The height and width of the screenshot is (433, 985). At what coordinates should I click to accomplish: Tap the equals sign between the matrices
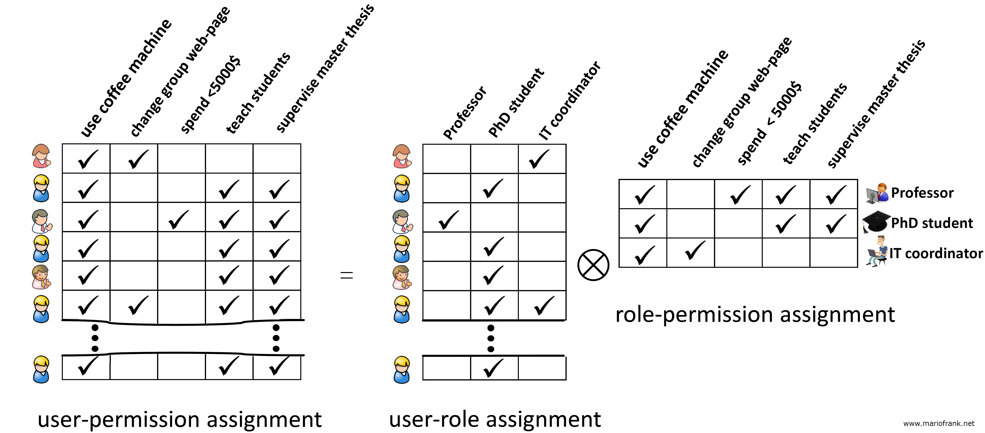346,275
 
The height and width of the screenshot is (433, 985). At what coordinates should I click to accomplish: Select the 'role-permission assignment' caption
755,315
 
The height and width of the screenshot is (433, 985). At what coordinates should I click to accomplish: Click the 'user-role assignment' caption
495,419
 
